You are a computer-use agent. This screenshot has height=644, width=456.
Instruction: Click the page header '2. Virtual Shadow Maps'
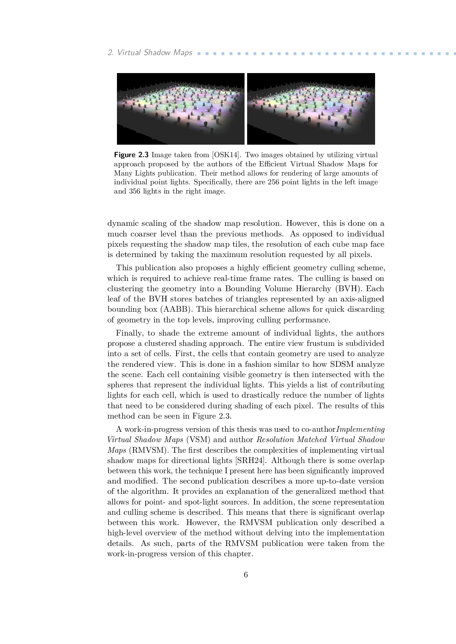click(150, 53)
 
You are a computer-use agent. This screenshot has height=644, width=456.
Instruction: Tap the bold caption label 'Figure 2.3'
click(131, 155)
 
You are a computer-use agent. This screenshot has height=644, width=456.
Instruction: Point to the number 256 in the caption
click(273, 182)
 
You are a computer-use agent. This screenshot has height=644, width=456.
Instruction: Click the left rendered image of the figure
click(181, 109)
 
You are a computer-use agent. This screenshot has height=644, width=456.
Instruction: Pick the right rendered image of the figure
click(311, 109)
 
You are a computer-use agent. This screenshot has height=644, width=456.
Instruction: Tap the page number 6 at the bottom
click(246, 575)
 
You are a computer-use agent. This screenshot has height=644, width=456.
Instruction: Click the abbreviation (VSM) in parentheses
click(198, 439)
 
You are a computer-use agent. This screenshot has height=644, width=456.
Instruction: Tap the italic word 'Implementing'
click(361, 429)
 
